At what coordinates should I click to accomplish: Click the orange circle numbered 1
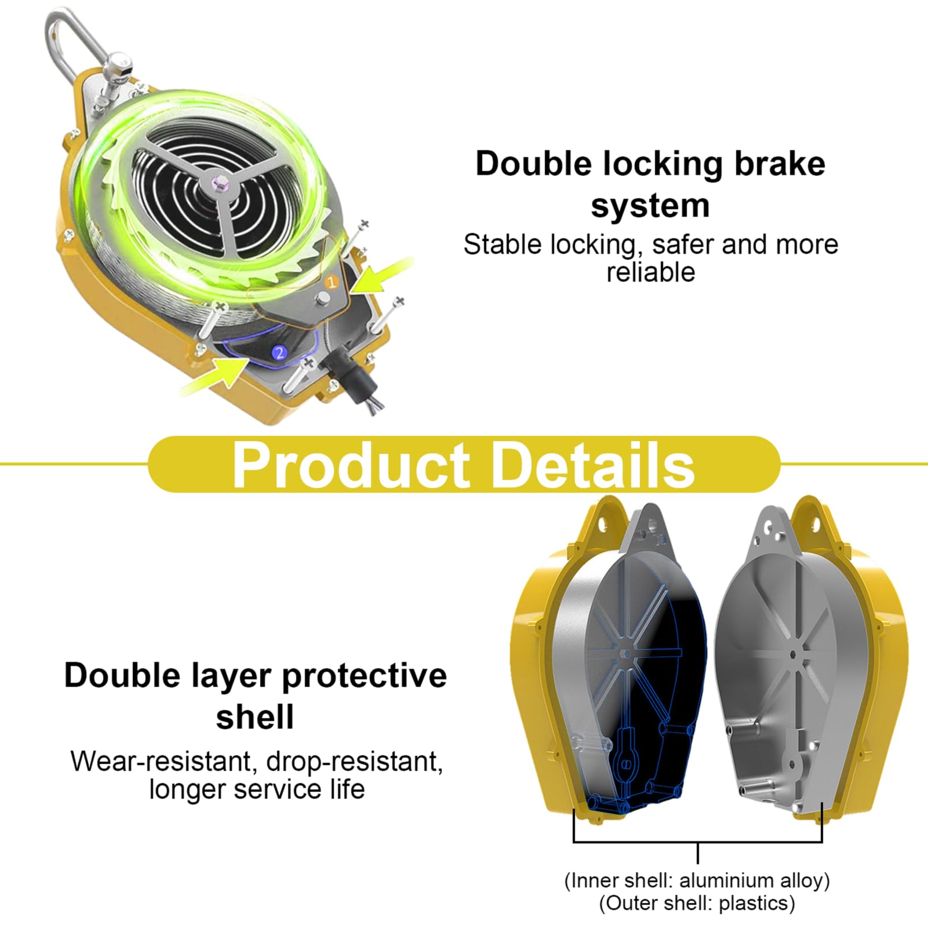click(332, 283)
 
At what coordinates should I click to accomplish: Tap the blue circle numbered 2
click(280, 352)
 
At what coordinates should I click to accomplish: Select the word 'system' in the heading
click(650, 206)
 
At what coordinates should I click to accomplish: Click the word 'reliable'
click(650, 272)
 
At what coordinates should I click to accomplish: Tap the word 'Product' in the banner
click(351, 465)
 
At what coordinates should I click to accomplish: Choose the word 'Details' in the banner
click(594, 465)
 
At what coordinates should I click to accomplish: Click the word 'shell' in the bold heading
click(255, 717)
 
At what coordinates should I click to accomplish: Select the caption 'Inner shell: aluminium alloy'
click(697, 881)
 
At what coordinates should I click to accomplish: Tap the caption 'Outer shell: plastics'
click(697, 904)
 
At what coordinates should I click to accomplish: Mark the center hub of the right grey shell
click(794, 654)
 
